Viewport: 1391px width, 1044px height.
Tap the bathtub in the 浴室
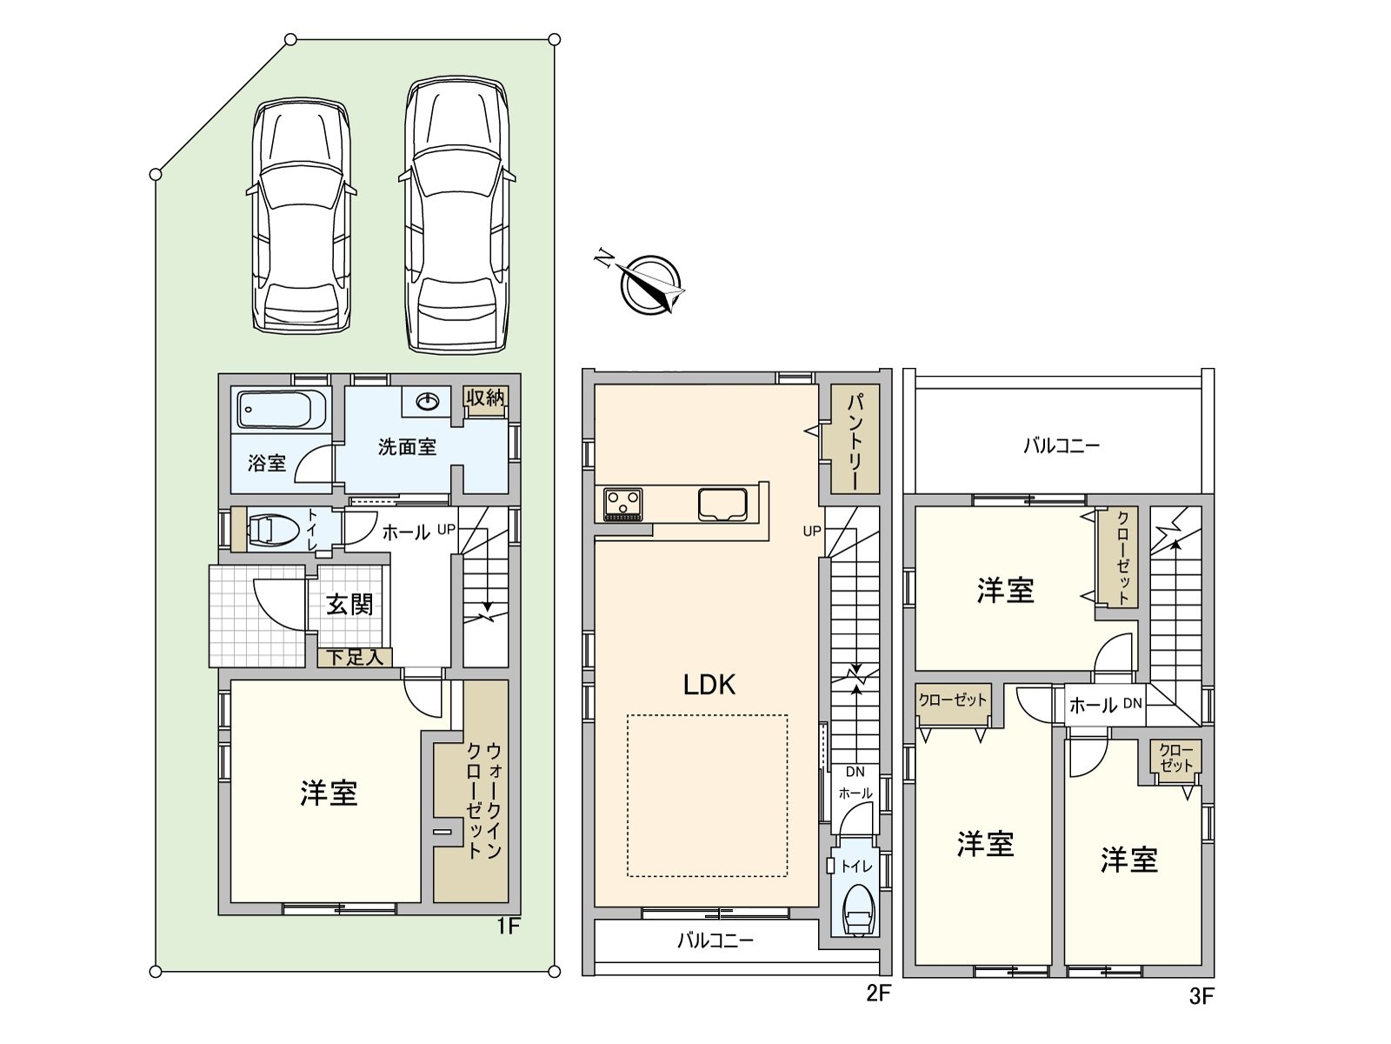point(283,409)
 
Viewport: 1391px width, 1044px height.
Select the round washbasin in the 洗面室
point(429,400)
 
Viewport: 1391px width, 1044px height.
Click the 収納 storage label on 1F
point(485,398)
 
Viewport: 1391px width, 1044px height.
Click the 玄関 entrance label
point(349,605)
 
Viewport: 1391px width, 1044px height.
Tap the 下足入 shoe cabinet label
point(355,658)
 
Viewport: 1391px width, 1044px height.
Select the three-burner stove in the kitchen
point(623,505)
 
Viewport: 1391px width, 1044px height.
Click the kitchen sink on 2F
point(722,505)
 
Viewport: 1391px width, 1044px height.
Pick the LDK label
point(709,685)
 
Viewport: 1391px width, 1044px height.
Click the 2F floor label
point(879,994)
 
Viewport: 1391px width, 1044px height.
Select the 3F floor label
point(1201,997)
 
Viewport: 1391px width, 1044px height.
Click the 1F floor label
point(508,927)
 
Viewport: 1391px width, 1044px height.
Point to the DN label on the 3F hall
point(1133,703)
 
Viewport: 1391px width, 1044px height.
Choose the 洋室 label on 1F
point(329,793)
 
